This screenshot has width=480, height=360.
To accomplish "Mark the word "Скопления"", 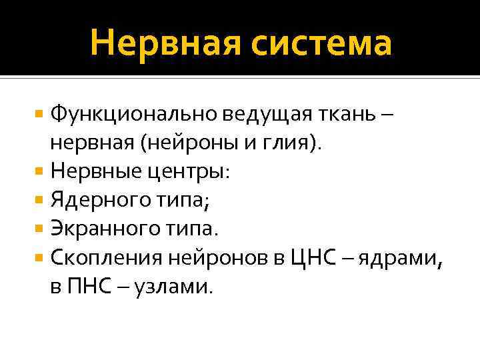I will (109, 257).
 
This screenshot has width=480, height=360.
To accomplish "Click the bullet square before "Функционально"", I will (42, 114).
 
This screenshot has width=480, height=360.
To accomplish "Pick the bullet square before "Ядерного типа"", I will (42, 199).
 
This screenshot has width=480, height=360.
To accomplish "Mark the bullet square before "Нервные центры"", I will (42, 171).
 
